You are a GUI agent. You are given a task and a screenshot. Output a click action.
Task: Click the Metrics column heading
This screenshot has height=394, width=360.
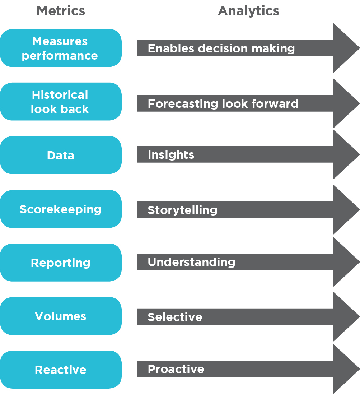61,11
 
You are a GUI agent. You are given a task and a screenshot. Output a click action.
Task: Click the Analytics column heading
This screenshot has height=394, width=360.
248,11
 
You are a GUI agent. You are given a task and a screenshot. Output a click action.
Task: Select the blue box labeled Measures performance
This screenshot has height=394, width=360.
61,48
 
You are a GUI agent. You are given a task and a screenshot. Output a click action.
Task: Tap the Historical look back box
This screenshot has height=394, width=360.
61,102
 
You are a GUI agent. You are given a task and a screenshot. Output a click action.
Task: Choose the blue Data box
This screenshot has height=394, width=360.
61,155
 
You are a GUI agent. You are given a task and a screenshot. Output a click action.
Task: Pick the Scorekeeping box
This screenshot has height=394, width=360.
61,209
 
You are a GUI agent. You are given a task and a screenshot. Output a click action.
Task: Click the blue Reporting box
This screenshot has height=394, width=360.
61,263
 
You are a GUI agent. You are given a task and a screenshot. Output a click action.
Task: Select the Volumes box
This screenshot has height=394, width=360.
61,316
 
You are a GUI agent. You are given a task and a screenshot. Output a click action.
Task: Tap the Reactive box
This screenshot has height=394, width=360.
61,370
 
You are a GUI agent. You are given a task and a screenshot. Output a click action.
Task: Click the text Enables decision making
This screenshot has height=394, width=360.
221,48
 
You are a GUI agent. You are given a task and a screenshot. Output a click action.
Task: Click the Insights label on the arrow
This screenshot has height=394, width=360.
171,155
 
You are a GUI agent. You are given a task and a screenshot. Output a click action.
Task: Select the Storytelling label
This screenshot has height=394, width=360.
182,210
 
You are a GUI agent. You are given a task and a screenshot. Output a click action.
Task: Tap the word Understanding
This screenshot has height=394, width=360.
191,262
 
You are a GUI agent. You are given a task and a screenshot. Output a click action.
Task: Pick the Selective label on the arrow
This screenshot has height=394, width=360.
175,317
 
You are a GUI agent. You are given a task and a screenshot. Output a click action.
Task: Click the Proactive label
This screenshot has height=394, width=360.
176,369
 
